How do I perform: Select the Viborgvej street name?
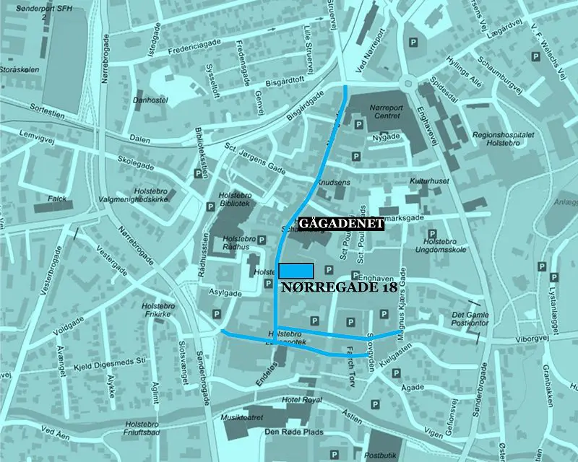coord(524,336)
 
